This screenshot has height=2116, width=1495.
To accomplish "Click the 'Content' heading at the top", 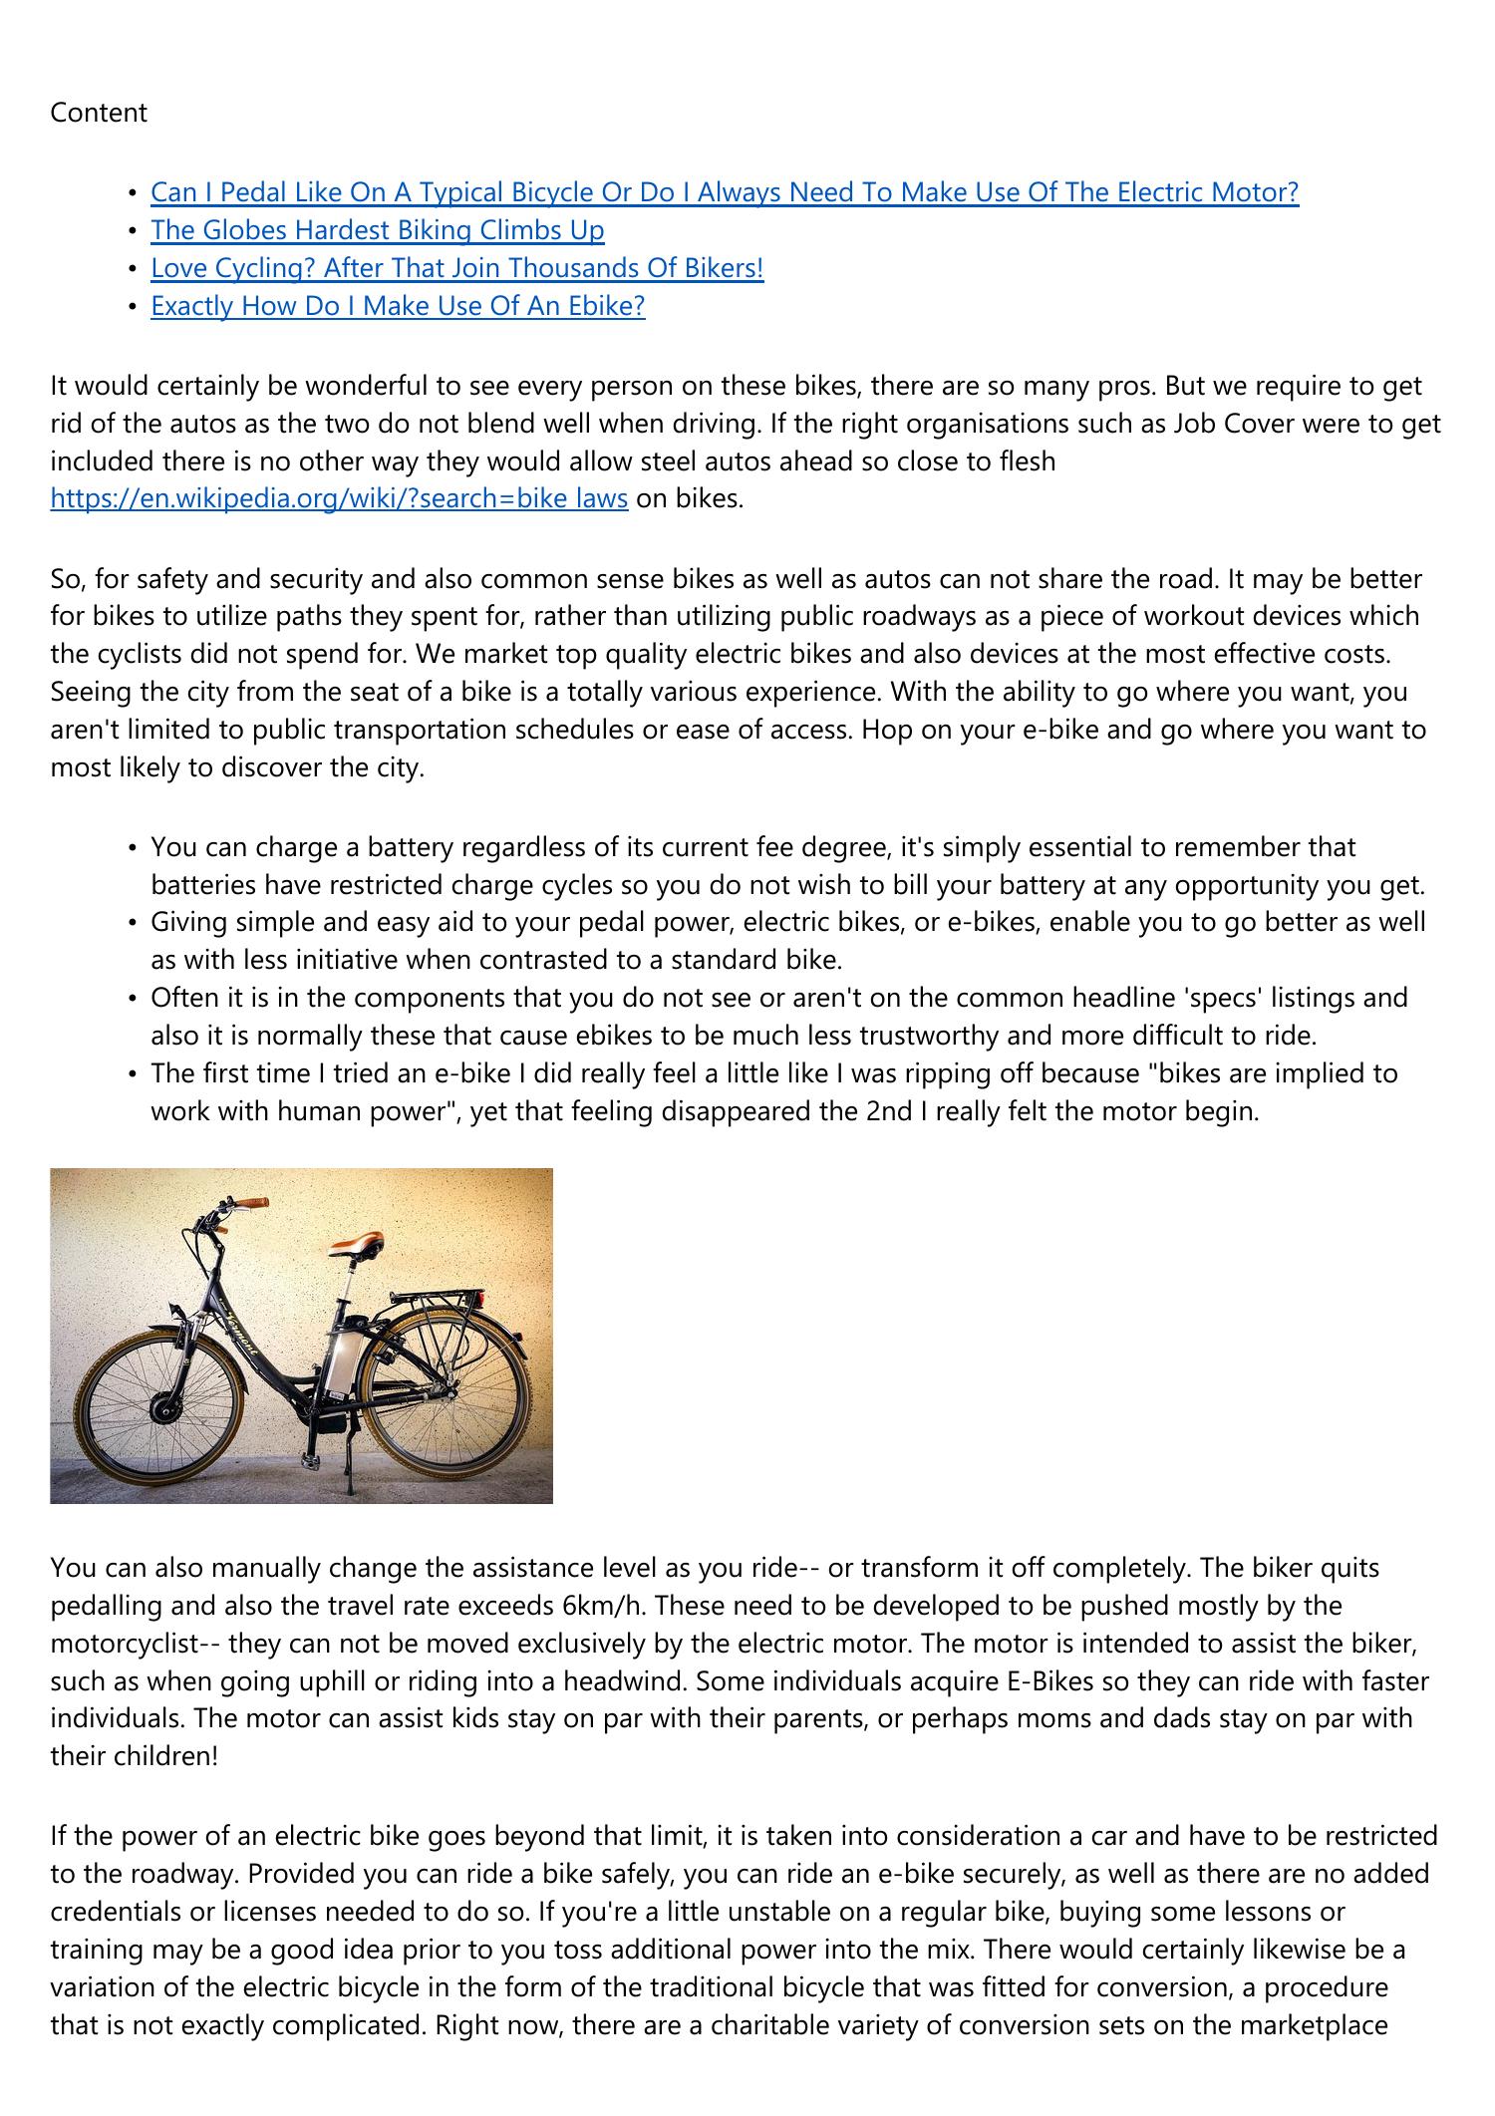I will coord(99,114).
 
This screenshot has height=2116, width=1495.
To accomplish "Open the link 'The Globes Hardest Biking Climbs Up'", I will coord(377,230).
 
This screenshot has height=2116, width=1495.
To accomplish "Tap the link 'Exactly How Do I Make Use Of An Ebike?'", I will coord(398,306).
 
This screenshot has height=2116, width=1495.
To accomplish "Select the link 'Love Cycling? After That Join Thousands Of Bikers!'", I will coord(456,268).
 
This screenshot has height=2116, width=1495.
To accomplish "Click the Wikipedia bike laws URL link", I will coord(339,498).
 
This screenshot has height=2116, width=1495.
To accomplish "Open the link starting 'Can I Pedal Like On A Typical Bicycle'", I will coord(725,192).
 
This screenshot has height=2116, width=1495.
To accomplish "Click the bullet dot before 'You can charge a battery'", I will coord(132,848).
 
